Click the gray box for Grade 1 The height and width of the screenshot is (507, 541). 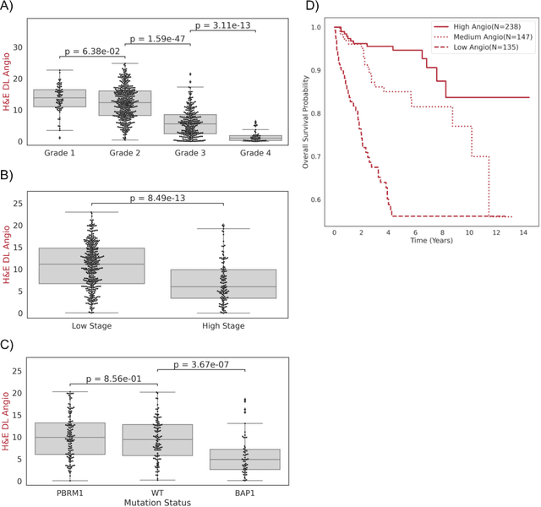pyautogui.click(x=59, y=98)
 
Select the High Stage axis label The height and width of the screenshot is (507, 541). pyautogui.click(x=222, y=326)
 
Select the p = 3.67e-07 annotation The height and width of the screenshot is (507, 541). pyautogui.click(x=200, y=365)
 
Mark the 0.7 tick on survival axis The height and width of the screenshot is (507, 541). pyautogui.click(x=315, y=156)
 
